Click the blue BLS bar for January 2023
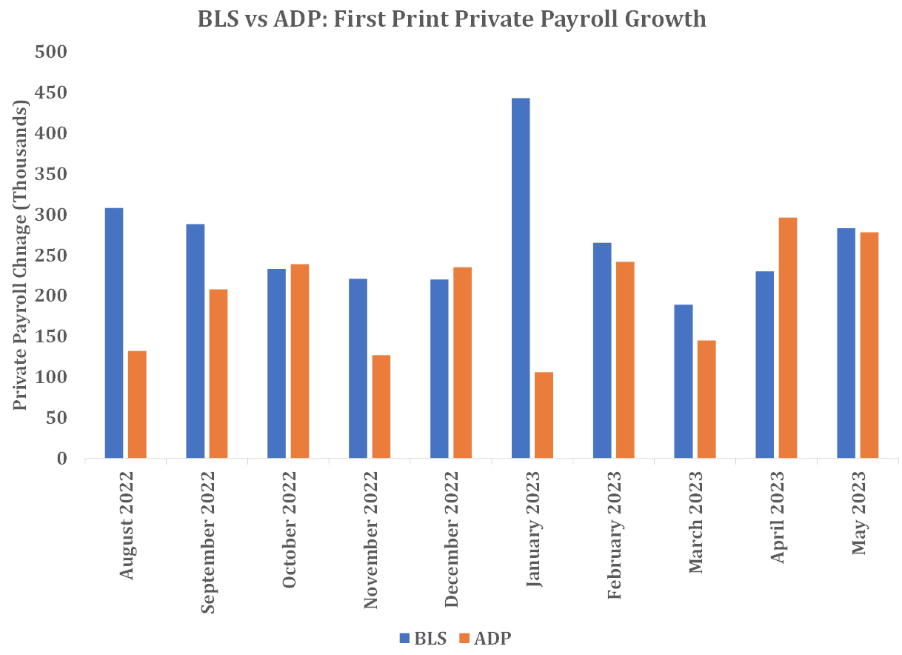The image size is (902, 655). pos(521,278)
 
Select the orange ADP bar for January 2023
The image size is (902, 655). pos(544,415)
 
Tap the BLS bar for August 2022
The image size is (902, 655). pos(114,333)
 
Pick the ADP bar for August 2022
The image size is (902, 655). pos(137,405)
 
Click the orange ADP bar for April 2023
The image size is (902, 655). pos(788,338)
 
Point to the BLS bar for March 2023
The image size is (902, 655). pos(684,381)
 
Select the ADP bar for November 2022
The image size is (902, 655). pos(381,407)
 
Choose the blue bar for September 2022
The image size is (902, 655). pos(196,341)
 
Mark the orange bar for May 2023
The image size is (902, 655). pos(869,345)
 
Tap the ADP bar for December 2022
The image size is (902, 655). pos(463,362)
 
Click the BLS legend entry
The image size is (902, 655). pos(423,638)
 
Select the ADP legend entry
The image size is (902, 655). pos(486,638)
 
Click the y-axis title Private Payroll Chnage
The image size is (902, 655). pos(21,256)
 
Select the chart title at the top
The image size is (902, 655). pos(452,19)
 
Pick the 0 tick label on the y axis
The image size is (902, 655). pos(61,459)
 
